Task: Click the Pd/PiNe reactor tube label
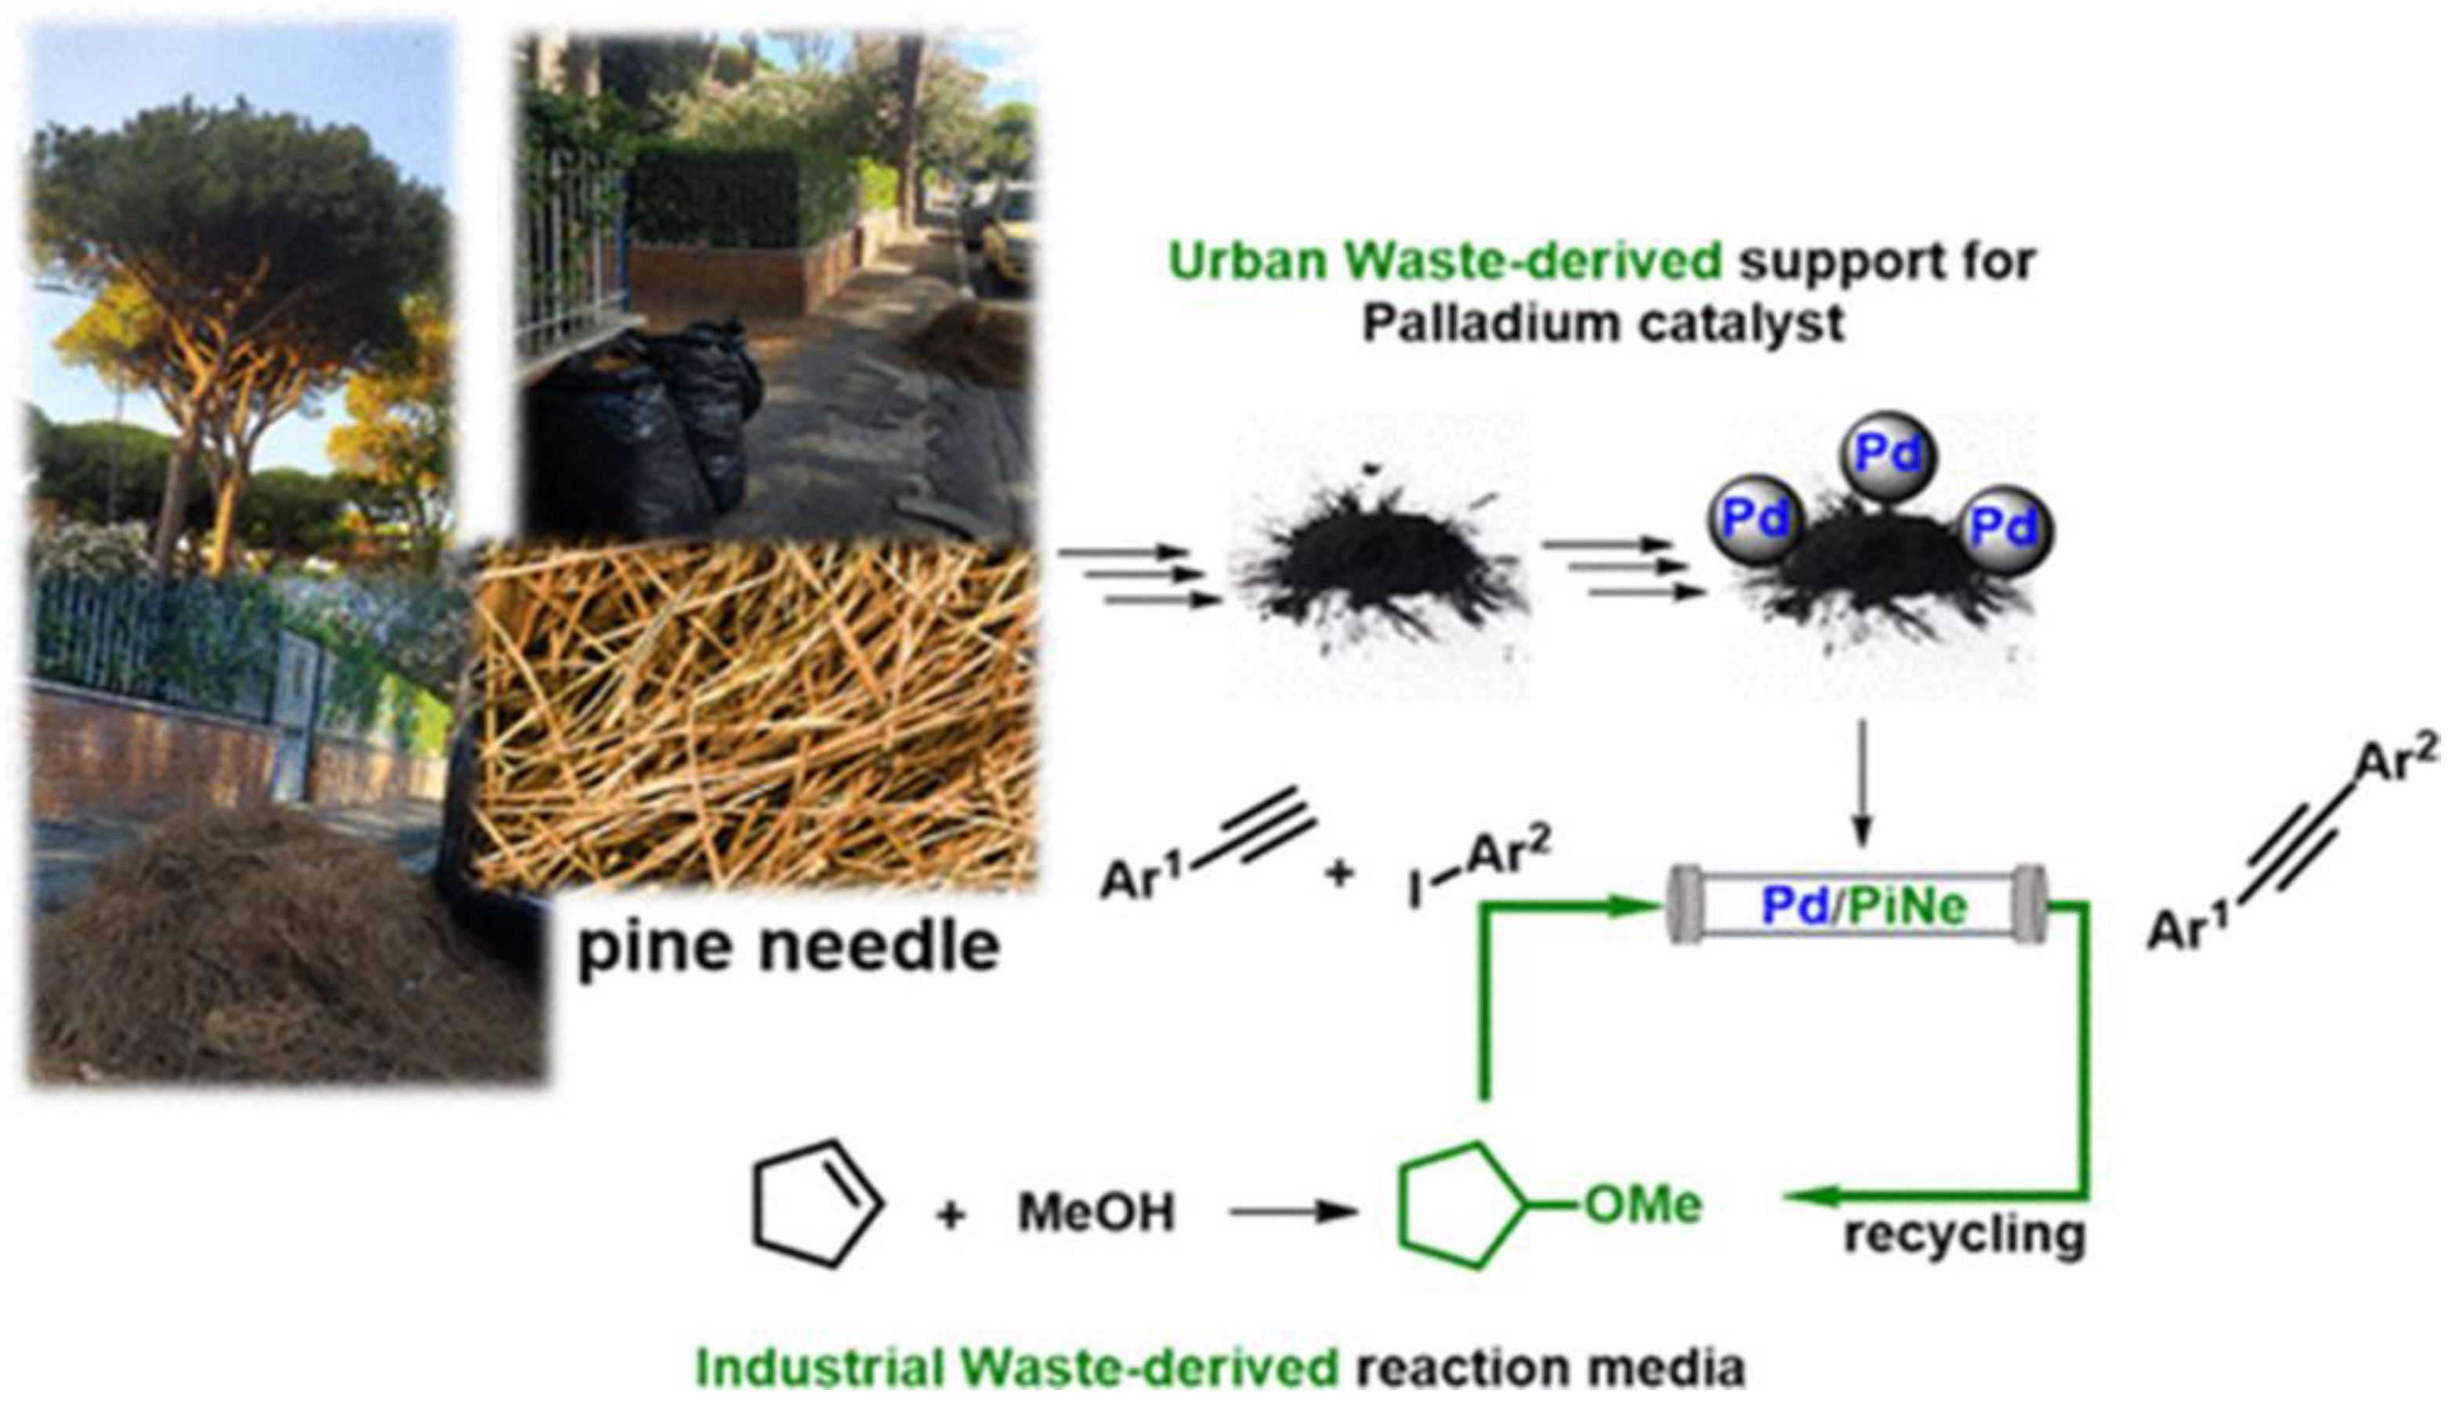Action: [1864, 907]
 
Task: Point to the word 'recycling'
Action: [1964, 1236]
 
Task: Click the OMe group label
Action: [1643, 1206]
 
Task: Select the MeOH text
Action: [1096, 1214]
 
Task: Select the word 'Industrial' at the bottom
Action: [819, 1368]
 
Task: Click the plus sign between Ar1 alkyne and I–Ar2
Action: [1340, 874]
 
